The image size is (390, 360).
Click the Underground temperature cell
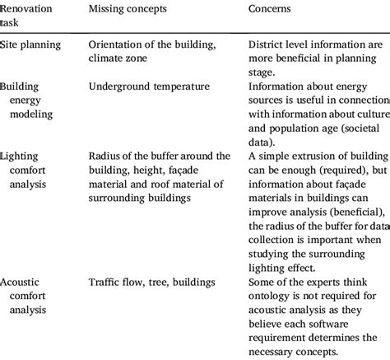point(148,86)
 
